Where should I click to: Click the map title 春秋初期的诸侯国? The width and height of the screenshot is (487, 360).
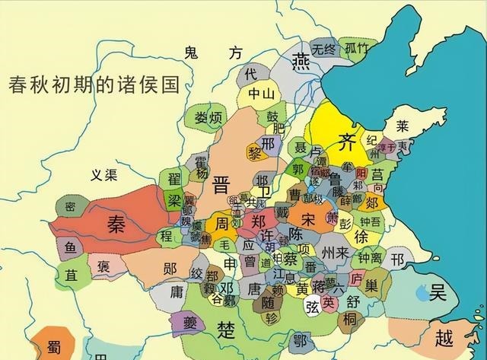92,84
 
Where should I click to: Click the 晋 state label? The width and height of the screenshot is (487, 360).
222,185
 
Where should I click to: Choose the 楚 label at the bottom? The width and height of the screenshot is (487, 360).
226,331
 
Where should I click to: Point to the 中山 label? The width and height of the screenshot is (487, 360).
259,94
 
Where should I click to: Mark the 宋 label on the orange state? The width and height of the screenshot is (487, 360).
308,219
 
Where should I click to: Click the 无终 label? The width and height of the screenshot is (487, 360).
323,49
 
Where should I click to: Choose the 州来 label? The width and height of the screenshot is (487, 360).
335,252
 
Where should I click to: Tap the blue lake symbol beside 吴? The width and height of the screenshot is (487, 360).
420,292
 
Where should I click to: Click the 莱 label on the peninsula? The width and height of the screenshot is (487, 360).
401,125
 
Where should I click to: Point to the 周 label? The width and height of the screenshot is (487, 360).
221,225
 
